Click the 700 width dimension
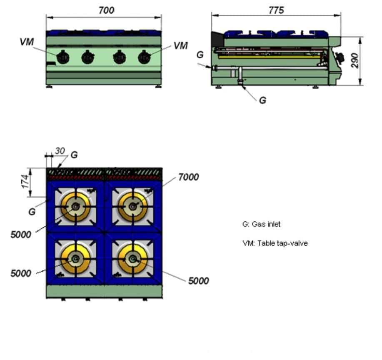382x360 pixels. coord(106,10)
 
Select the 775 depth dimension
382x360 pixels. coord(276,10)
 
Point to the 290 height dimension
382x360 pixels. coord(355,61)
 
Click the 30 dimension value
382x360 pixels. coord(60,151)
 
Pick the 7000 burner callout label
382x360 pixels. coord(188,177)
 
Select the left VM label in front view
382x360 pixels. coord(27,42)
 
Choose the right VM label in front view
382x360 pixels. coord(180,45)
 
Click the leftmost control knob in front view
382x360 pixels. coord(62,57)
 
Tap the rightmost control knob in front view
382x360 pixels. coord(144,57)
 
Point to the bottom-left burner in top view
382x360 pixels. coord(75,259)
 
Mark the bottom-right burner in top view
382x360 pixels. coord(133,259)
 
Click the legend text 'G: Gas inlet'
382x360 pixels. coord(261,224)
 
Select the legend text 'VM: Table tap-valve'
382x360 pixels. coord(275,243)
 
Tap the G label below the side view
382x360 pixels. coord(262,100)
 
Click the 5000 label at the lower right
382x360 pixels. coord(198,281)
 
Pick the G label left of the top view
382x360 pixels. coord(32,212)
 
